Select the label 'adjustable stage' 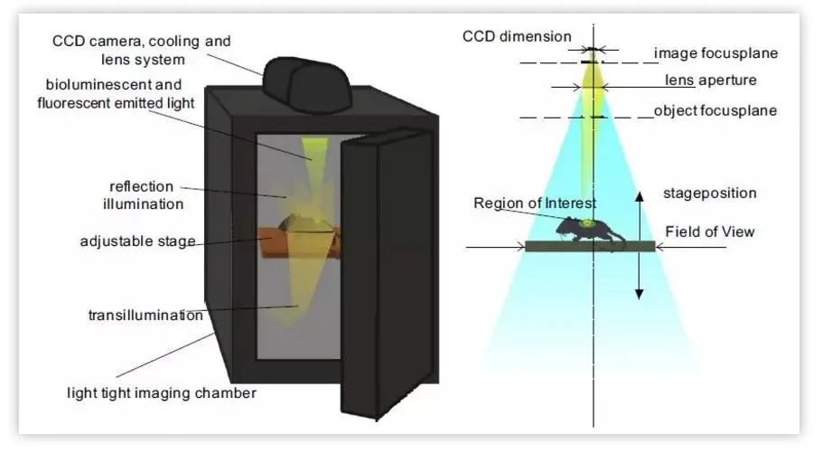click(137, 242)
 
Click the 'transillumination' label click(145, 316)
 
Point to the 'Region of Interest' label click(535, 203)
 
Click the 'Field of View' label click(709, 231)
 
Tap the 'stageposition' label click(709, 193)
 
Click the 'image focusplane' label click(715, 53)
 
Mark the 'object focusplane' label click(715, 111)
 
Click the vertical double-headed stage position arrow click(639, 244)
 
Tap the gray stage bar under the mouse click(590, 246)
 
